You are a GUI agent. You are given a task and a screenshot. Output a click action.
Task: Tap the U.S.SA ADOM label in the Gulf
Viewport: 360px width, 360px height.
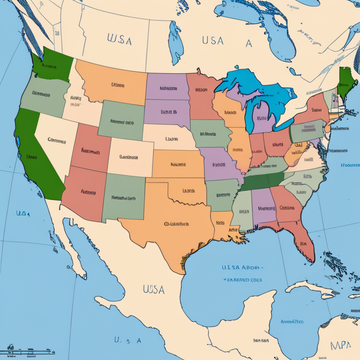tap(241, 268)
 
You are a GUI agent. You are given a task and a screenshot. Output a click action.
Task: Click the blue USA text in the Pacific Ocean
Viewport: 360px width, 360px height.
tap(23, 214)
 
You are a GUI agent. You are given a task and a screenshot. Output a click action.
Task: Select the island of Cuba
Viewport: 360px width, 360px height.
tap(309, 287)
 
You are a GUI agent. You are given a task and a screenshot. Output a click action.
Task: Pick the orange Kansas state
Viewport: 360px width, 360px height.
tap(177, 164)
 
